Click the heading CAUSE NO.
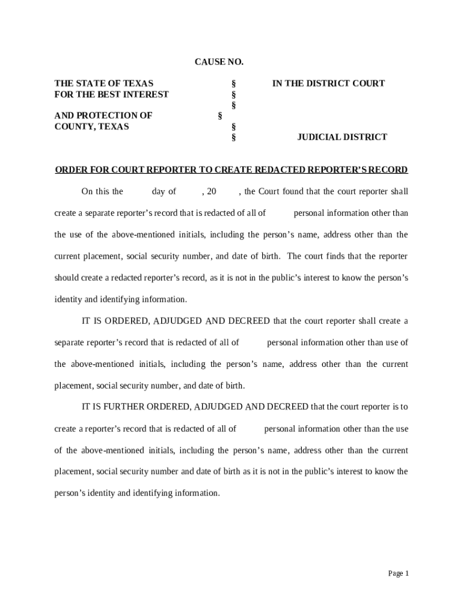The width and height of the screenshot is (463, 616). click(219, 62)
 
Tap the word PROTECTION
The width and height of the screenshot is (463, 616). click(106, 115)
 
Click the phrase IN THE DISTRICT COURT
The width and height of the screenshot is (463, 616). click(328, 84)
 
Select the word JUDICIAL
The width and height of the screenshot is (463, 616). click(319, 137)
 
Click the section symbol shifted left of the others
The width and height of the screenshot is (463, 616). click(220, 115)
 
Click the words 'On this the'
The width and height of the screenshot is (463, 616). click(102, 192)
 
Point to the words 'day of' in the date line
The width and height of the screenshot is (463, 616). click(164, 192)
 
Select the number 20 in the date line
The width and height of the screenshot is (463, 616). click(210, 192)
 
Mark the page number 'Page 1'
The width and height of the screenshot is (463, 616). click(398, 573)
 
